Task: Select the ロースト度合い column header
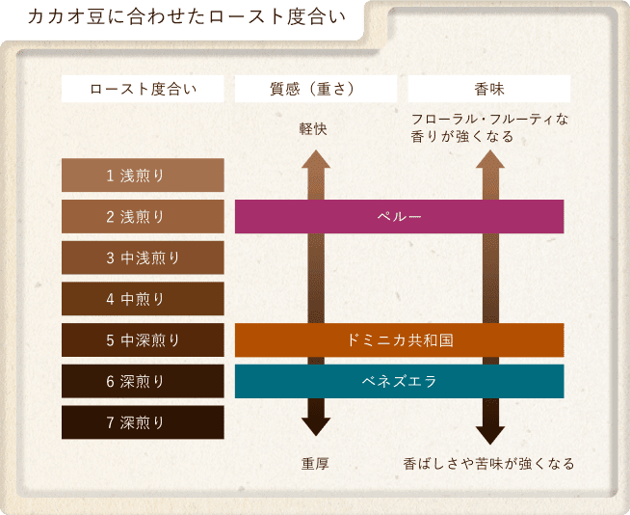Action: (x=143, y=89)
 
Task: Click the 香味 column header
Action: (x=489, y=89)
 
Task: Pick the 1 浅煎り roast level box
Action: (x=143, y=176)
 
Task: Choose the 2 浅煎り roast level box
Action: (x=143, y=216)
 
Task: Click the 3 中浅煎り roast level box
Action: (x=143, y=257)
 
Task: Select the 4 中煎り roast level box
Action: (x=143, y=298)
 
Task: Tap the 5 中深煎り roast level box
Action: (x=143, y=339)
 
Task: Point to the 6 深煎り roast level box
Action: (x=143, y=381)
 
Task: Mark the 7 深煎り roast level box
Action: (x=143, y=421)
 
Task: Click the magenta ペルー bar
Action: (x=399, y=216)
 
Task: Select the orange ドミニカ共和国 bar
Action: (x=399, y=339)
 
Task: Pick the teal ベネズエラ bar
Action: (x=399, y=381)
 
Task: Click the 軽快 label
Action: (x=315, y=128)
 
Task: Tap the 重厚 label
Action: (x=315, y=464)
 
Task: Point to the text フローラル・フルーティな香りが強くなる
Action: (x=489, y=128)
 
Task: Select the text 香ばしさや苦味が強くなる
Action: (x=489, y=464)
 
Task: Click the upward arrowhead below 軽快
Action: (x=315, y=159)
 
